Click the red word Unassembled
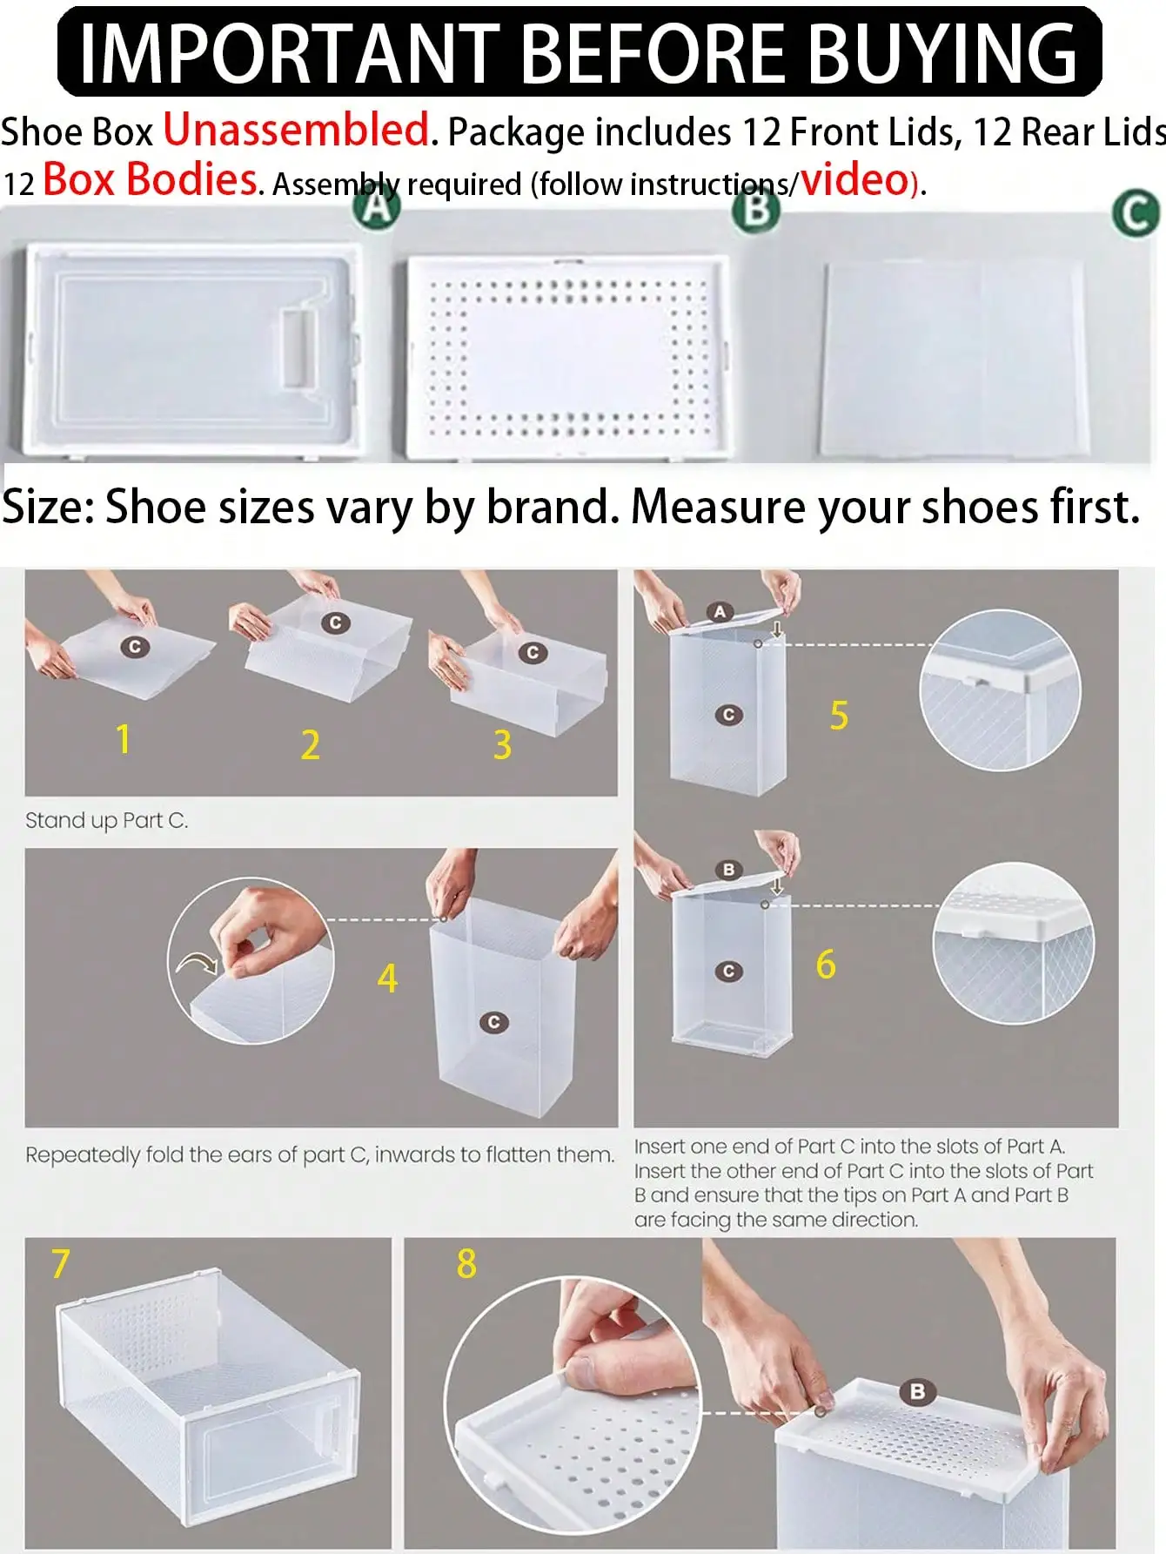tap(296, 130)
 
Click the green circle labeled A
tap(376, 207)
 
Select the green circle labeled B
tap(755, 209)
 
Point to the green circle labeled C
tap(1136, 214)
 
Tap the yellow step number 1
tap(124, 738)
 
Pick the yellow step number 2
tap(311, 745)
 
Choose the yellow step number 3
tap(502, 745)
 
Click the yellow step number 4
tap(387, 979)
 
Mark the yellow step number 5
tap(839, 716)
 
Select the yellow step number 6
tap(826, 965)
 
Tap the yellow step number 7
tap(60, 1264)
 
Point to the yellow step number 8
tap(466, 1264)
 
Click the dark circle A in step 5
tap(720, 612)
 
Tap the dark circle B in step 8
tap(916, 1392)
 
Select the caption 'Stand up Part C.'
tap(106, 821)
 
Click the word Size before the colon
tap(47, 507)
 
